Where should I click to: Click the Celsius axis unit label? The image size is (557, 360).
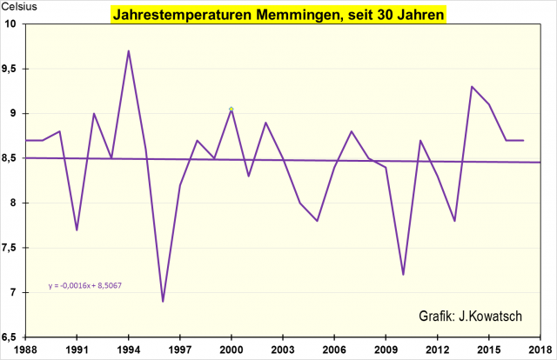click(18, 8)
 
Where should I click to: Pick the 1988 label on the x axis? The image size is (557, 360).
click(26, 349)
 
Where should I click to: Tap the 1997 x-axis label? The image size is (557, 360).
click(180, 349)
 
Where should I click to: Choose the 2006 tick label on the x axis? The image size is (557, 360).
click(334, 349)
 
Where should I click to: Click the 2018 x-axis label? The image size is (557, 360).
click(540, 349)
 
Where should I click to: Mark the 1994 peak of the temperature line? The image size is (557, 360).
click(129, 50)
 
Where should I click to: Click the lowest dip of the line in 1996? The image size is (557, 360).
click(163, 301)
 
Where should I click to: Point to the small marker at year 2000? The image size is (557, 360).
click(232, 109)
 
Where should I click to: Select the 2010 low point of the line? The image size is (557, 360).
click(403, 274)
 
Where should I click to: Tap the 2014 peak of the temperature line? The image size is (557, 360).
click(472, 86)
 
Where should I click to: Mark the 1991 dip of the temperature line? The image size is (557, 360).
click(77, 230)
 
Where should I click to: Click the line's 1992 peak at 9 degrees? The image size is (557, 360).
click(94, 113)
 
